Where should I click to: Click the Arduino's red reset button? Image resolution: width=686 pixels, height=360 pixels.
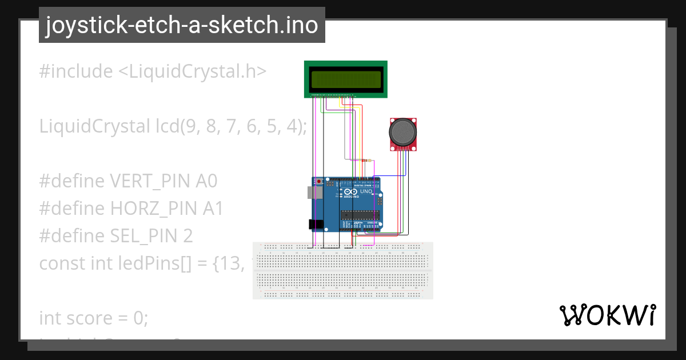[319, 182]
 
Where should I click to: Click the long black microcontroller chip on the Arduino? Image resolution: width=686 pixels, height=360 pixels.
[360, 215]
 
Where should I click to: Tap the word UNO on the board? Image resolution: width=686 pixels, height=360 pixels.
[366, 191]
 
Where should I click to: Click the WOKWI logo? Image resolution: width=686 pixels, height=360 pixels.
[607, 315]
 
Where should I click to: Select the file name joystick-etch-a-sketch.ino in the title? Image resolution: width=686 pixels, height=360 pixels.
[182, 25]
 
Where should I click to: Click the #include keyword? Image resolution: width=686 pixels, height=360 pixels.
[76, 71]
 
